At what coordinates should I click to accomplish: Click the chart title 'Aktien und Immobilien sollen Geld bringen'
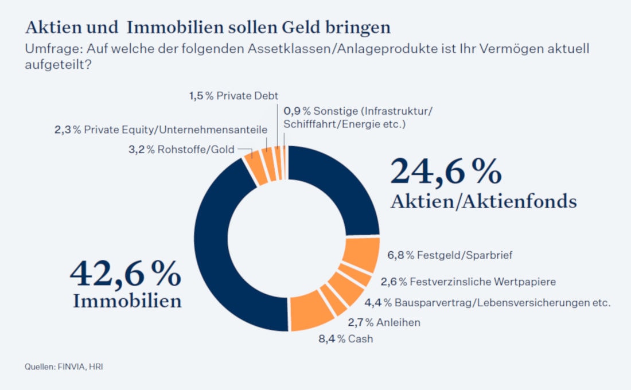pyautogui.click(x=208, y=28)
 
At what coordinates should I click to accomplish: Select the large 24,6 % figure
pyautogui.click(x=446, y=171)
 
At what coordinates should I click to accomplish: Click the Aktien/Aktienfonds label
pyautogui.click(x=483, y=201)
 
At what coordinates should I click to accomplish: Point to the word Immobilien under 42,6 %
pyautogui.click(x=127, y=301)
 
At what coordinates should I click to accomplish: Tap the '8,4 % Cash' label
pyautogui.click(x=345, y=338)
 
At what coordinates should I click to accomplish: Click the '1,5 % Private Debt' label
pyautogui.click(x=233, y=96)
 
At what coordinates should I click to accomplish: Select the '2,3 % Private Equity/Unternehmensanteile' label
pyautogui.click(x=161, y=130)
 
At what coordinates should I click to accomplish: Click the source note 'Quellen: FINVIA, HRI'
pyautogui.click(x=64, y=366)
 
